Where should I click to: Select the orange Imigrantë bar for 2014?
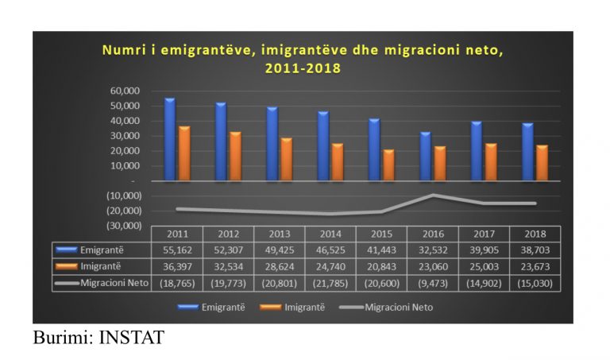click(338, 162)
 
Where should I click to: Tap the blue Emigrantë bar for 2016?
click(425, 157)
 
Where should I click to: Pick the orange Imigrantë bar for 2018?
click(541, 163)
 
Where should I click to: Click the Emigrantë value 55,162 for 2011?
click(176, 250)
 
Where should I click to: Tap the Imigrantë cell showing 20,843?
click(381, 266)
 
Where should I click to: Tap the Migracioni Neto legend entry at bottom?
click(402, 306)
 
